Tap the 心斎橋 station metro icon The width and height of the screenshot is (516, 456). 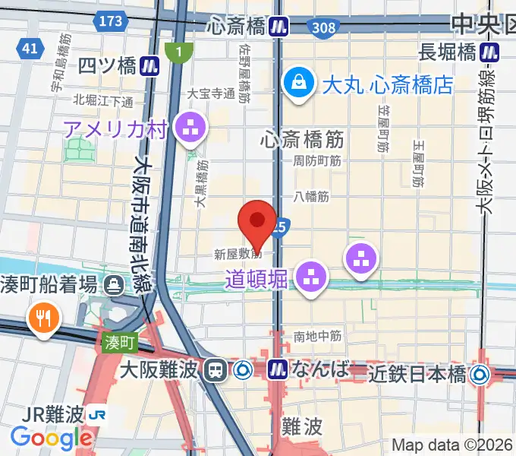[281, 27]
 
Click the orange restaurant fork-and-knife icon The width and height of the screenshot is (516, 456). [40, 317]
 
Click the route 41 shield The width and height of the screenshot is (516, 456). [30, 49]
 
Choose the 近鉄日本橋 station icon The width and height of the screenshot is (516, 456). [480, 373]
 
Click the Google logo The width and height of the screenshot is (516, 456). [51, 438]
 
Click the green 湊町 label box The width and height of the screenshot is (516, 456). [119, 344]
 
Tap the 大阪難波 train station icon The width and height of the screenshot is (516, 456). [216, 370]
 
